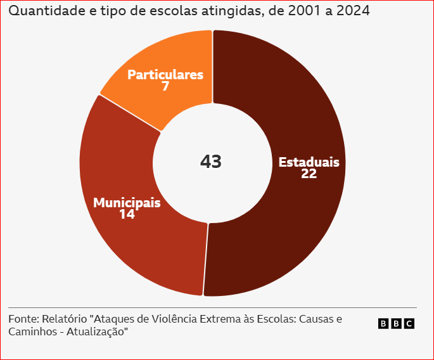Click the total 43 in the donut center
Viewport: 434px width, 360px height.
[211, 162]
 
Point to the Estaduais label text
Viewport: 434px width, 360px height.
[309, 162]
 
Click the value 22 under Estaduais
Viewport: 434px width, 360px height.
[309, 174]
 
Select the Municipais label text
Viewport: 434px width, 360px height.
[127, 203]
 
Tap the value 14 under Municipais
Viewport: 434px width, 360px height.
[127, 214]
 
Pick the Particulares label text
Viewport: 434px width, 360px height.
[165, 75]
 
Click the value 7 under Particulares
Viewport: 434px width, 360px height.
[165, 86]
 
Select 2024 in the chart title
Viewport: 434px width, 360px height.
[352, 11]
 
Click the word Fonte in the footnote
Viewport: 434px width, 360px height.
[23, 319]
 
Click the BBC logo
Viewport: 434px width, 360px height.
[396, 324]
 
